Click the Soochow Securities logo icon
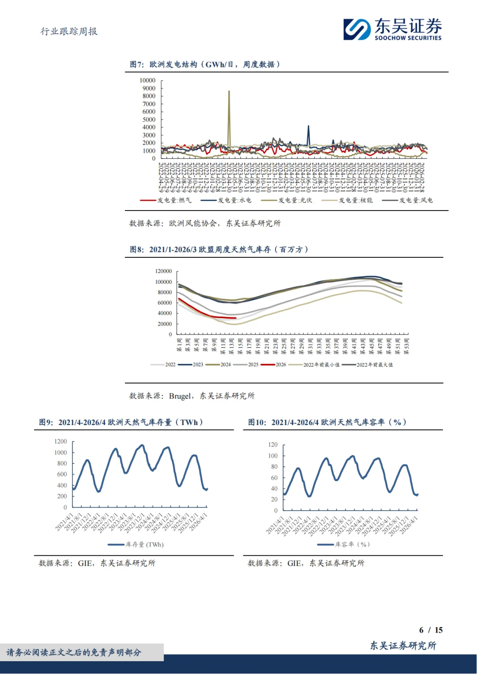pyautogui.click(x=357, y=29)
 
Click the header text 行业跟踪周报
pyautogui.click(x=69, y=31)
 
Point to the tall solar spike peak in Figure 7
pyautogui.click(x=229, y=91)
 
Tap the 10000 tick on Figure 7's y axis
pyautogui.click(x=148, y=80)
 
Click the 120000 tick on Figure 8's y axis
pyautogui.click(x=163, y=271)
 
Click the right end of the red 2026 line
pyautogui.click(x=236, y=318)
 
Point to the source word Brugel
pyautogui.click(x=180, y=396)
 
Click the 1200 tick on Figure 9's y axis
pyautogui.click(x=61, y=441)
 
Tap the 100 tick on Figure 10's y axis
pyautogui.click(x=273, y=456)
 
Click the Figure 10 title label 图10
pyautogui.click(x=257, y=422)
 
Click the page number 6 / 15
pyautogui.click(x=431, y=630)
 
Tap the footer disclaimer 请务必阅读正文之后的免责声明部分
pyautogui.click(x=74, y=652)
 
